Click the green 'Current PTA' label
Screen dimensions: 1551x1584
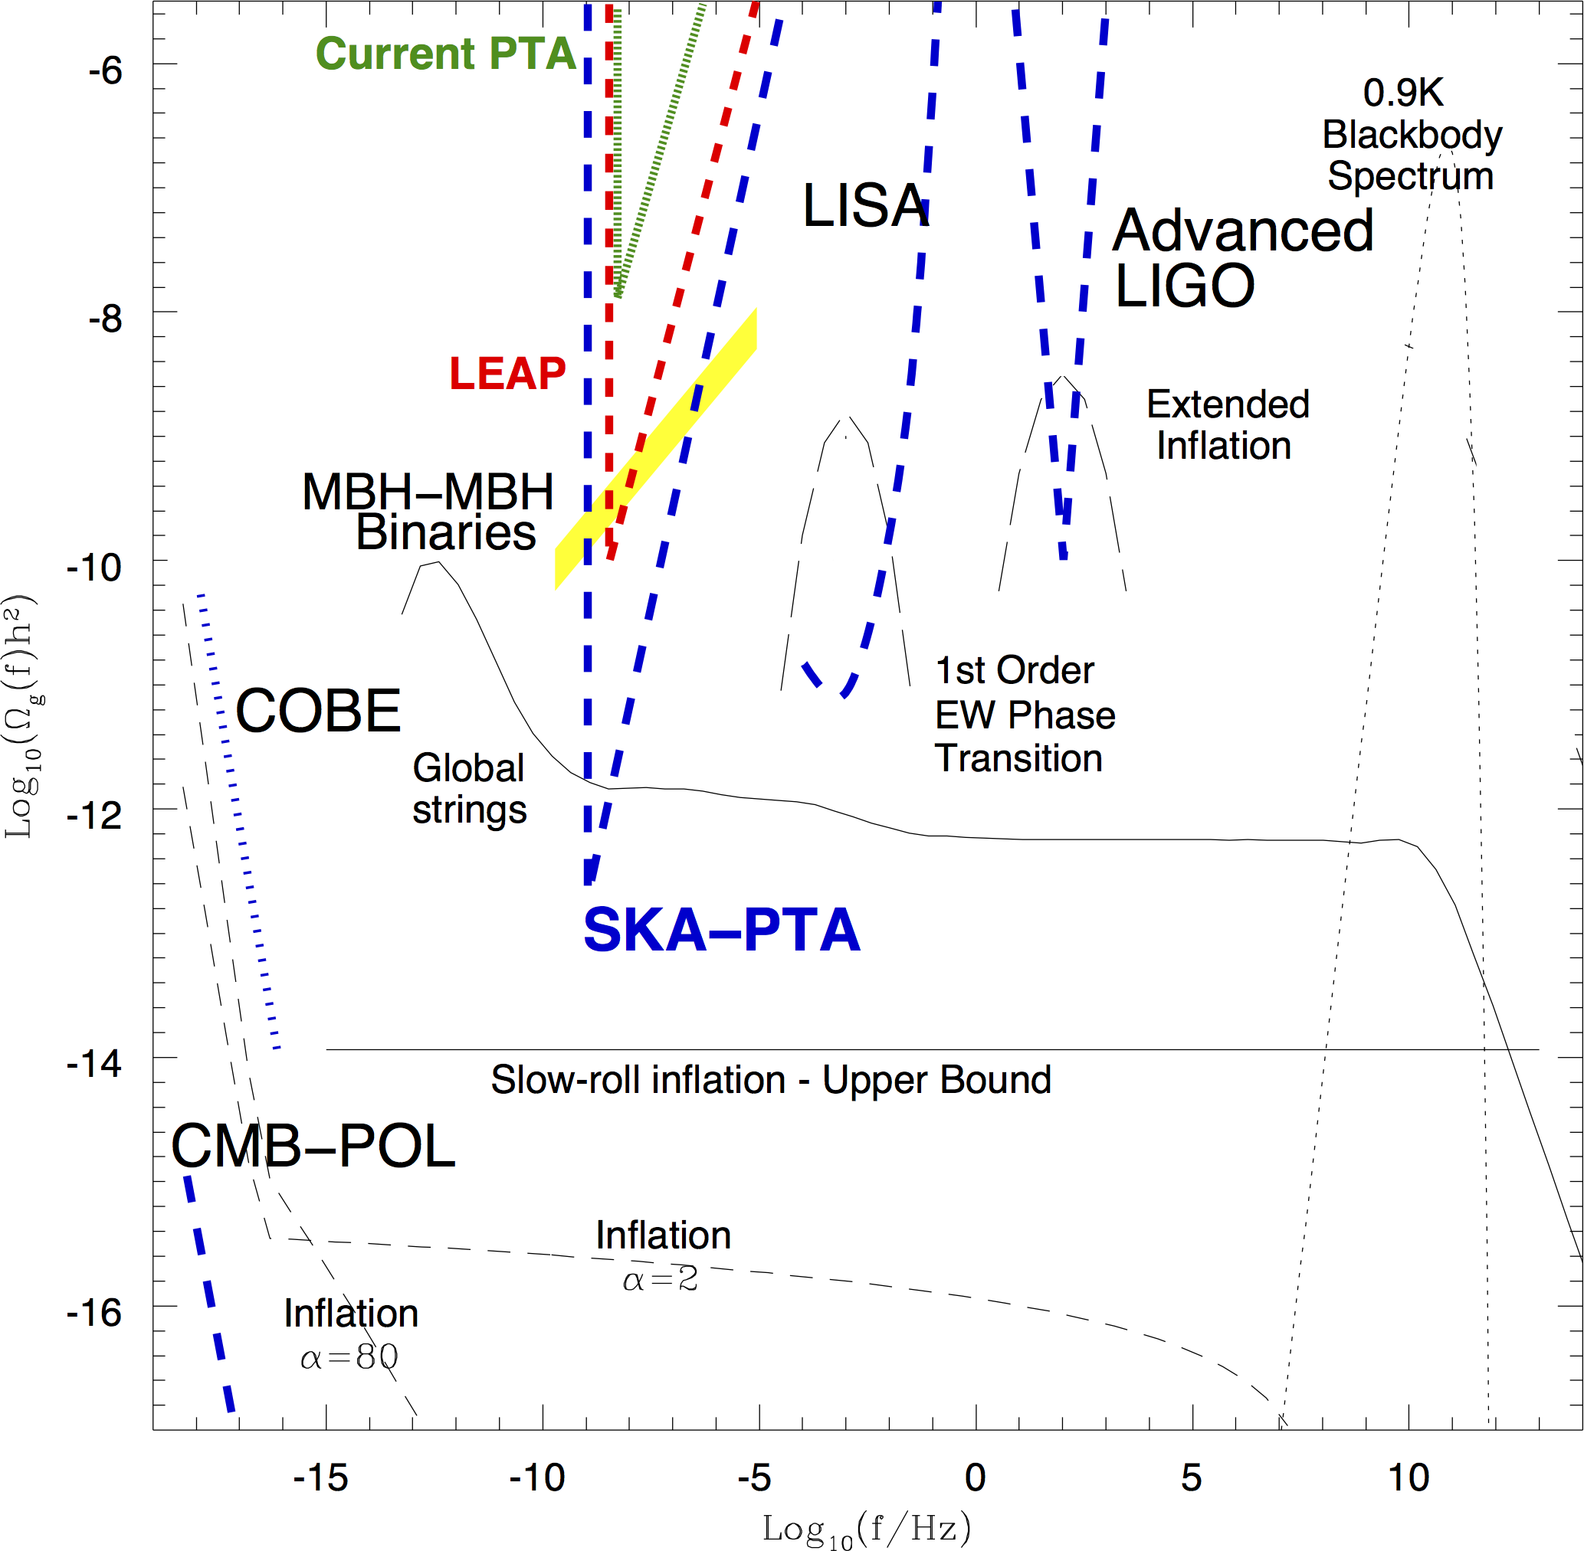(x=446, y=54)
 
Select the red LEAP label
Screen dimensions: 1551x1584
(x=507, y=374)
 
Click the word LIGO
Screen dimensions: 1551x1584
(x=1184, y=286)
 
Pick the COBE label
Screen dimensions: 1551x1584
(x=318, y=711)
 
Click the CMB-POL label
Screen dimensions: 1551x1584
(x=313, y=1146)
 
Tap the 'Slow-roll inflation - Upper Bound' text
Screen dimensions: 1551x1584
(x=770, y=1080)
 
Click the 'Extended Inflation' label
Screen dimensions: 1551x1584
(x=1227, y=425)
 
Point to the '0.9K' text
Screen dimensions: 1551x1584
(x=1402, y=93)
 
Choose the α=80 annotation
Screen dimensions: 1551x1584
(x=349, y=1357)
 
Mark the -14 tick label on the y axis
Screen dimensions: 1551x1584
(x=94, y=1063)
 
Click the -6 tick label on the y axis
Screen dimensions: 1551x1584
(x=105, y=71)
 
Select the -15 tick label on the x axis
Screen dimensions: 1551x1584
(x=320, y=1477)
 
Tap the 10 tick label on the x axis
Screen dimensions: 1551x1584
(x=1408, y=1477)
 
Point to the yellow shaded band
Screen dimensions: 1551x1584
(x=657, y=448)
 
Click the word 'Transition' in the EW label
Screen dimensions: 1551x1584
(x=1018, y=758)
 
